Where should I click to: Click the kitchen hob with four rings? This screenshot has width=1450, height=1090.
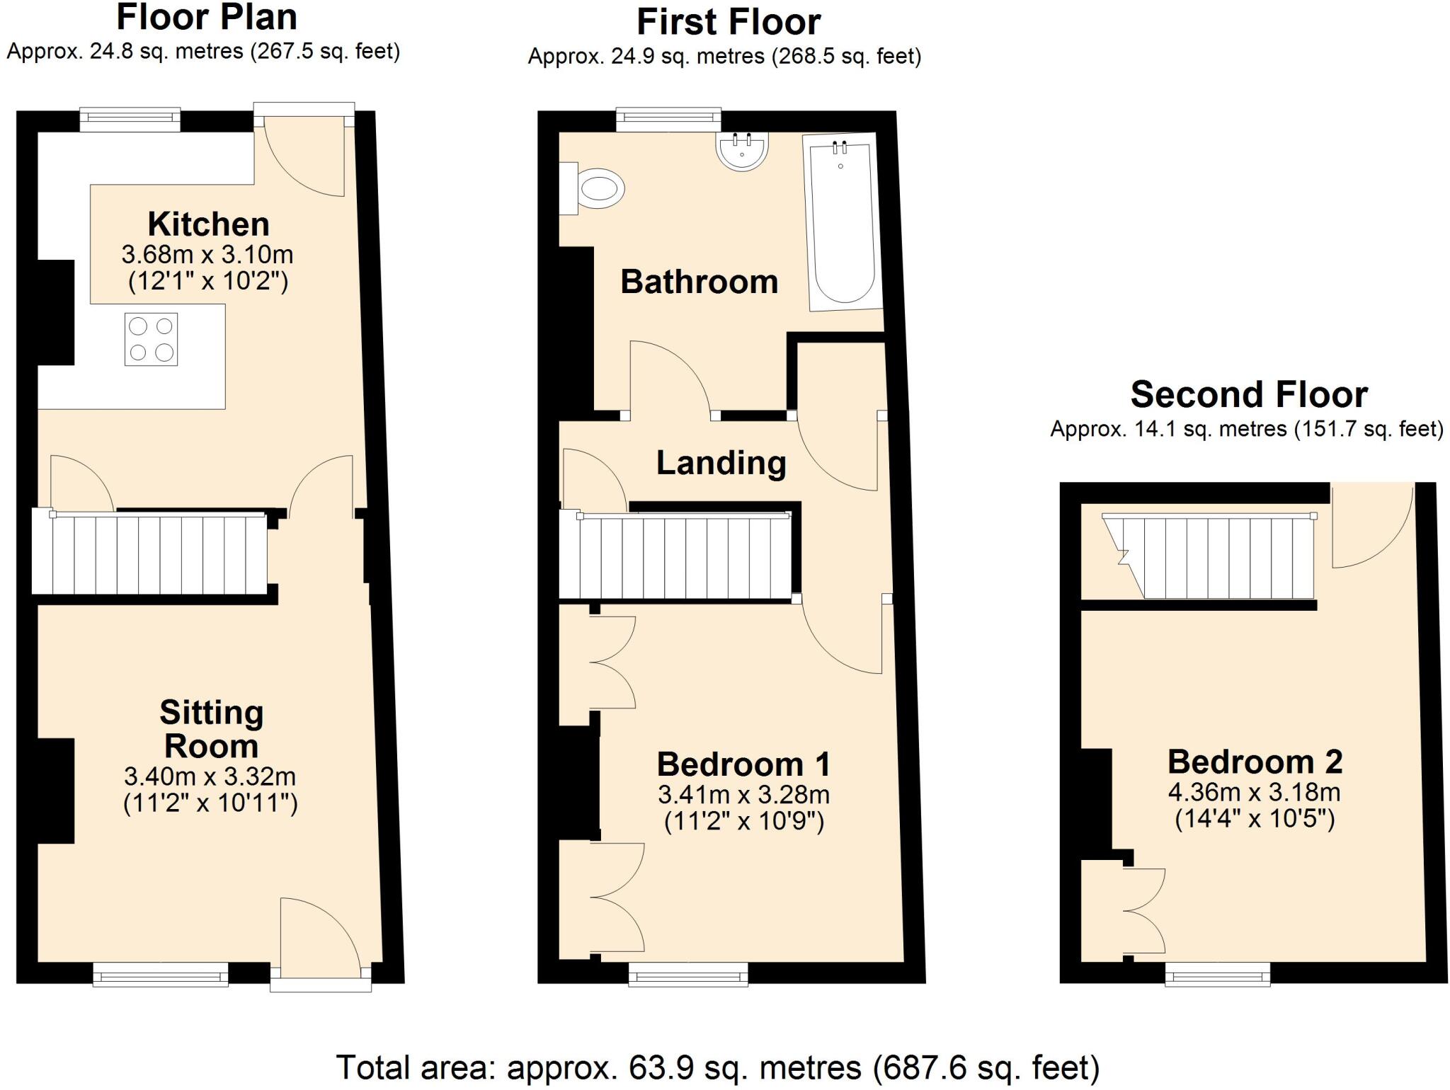151,339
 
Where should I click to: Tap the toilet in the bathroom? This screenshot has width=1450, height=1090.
592,188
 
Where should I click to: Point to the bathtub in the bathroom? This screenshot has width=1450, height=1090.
843,222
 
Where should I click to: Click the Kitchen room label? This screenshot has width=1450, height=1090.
208,224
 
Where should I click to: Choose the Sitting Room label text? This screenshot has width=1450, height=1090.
211,729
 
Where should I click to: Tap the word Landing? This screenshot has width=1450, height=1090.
721,463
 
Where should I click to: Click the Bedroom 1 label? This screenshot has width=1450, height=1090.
743,764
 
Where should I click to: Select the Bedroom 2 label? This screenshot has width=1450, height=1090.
1255,762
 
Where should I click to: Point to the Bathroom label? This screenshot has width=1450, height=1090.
700,282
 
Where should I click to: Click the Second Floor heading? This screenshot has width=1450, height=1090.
1249,394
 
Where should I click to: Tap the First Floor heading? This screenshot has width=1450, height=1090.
729,22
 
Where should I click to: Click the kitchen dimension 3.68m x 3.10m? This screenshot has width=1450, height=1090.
207,254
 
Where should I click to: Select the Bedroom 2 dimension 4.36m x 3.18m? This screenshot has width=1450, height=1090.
1255,791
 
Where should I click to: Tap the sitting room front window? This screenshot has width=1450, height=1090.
161,974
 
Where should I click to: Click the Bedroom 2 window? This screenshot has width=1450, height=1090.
1218,974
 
